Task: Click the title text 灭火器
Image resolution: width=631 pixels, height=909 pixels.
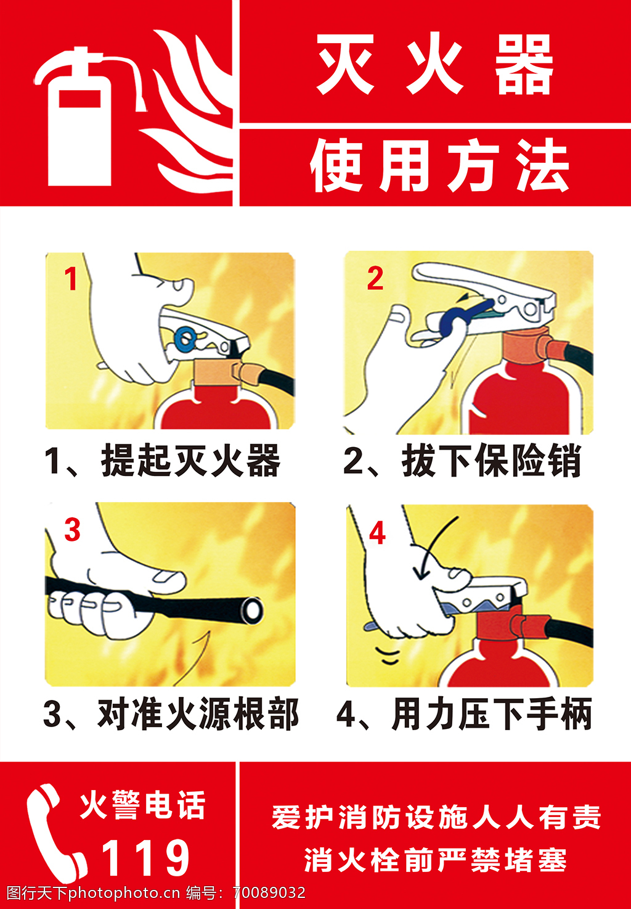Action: (434, 64)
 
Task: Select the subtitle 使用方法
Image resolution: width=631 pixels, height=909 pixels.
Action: (439, 165)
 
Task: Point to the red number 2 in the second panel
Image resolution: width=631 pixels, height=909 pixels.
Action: (375, 278)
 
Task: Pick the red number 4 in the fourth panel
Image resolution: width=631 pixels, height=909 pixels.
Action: (377, 533)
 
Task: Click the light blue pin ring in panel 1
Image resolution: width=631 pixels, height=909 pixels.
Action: (186, 339)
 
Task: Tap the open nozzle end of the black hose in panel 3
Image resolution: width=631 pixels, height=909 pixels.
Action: (252, 609)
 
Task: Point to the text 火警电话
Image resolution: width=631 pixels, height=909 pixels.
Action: (142, 805)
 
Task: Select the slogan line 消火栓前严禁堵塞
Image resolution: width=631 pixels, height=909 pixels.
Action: (436, 860)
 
